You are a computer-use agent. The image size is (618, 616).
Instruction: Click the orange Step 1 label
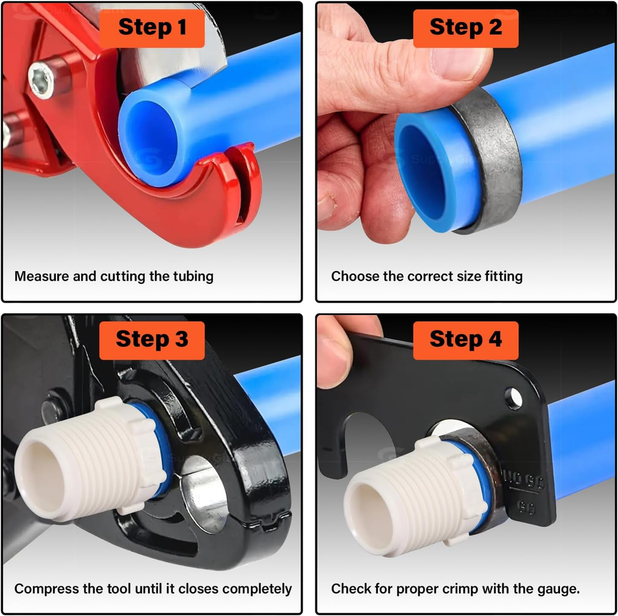[x=152, y=28]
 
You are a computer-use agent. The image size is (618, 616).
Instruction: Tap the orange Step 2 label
[x=465, y=28]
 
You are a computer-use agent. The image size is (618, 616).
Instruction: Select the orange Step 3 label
[x=152, y=341]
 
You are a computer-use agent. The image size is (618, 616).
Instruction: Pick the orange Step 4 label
[x=465, y=341]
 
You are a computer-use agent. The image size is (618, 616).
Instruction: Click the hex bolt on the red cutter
[x=41, y=80]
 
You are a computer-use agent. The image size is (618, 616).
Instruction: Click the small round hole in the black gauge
[x=513, y=399]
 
